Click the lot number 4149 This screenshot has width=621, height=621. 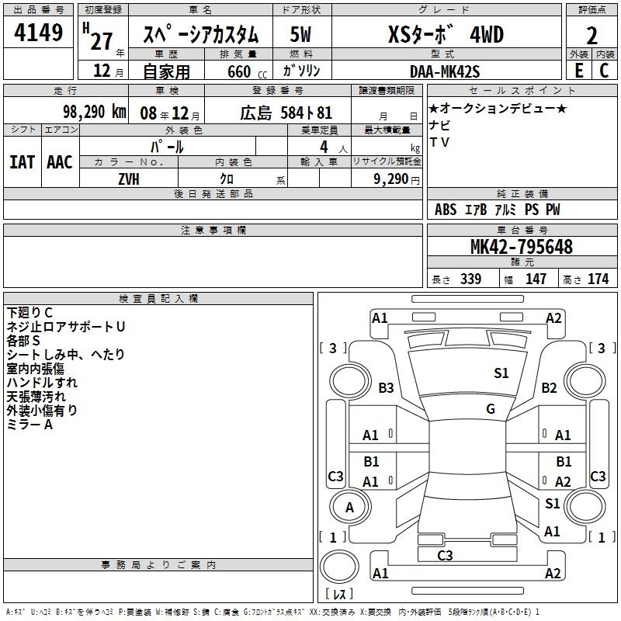[x=38, y=32]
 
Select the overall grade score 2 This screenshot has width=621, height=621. [x=592, y=36]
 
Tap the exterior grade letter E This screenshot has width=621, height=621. [x=579, y=71]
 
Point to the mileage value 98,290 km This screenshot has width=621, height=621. [x=94, y=112]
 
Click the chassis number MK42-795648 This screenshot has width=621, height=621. [x=522, y=247]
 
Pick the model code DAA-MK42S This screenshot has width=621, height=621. [x=445, y=71]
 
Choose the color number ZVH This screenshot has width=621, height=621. [x=129, y=179]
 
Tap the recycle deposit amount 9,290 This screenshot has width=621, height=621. [x=390, y=179]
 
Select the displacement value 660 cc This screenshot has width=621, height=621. [x=247, y=71]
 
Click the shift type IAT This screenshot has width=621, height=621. [x=22, y=162]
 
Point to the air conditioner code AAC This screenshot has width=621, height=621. [x=60, y=162]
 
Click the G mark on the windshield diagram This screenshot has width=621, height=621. [x=491, y=408]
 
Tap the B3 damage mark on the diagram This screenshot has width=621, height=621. [x=386, y=387]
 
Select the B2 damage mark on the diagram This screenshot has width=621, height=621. [x=549, y=387]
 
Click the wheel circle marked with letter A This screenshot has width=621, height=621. [x=350, y=507]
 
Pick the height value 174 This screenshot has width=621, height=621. [x=598, y=279]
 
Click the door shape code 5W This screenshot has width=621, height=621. [x=300, y=34]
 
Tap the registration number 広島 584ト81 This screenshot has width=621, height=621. [x=286, y=113]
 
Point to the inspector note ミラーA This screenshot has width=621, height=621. [x=29, y=425]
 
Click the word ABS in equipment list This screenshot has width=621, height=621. [x=445, y=210]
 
